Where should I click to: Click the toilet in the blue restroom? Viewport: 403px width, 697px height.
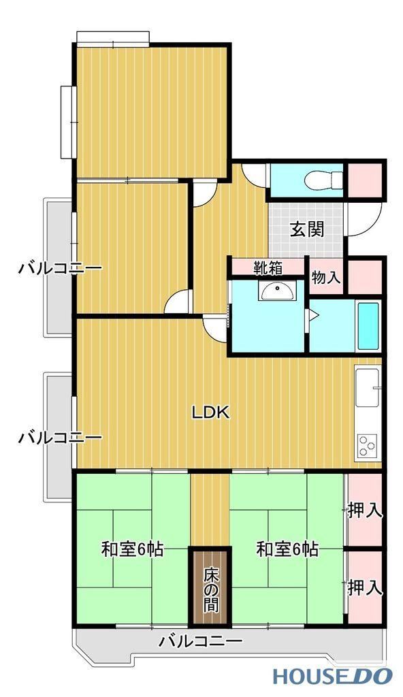[x=324, y=180]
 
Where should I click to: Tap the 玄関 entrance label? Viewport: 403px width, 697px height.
[x=307, y=229]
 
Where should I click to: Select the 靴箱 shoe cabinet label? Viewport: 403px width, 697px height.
[x=268, y=268]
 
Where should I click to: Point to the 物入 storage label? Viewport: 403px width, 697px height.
[x=326, y=278]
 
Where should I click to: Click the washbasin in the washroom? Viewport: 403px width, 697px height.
[x=276, y=291]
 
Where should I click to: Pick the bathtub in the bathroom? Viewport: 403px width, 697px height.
[x=368, y=326]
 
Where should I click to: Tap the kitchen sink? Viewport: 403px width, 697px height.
[x=368, y=386]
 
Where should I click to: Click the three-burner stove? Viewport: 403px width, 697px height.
[x=368, y=446]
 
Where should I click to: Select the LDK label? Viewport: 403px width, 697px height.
[x=210, y=413]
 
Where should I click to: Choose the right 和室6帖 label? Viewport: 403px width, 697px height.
[x=287, y=550]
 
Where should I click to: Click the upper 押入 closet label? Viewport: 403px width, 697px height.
[x=365, y=510]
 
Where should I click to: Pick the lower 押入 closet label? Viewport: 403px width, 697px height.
[x=365, y=587]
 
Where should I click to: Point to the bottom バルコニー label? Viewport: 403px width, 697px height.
[x=201, y=641]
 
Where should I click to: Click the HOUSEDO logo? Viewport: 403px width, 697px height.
[x=332, y=676]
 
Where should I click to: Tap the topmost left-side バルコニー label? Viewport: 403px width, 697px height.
[x=60, y=268]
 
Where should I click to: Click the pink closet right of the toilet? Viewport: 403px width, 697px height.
[x=365, y=180]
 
